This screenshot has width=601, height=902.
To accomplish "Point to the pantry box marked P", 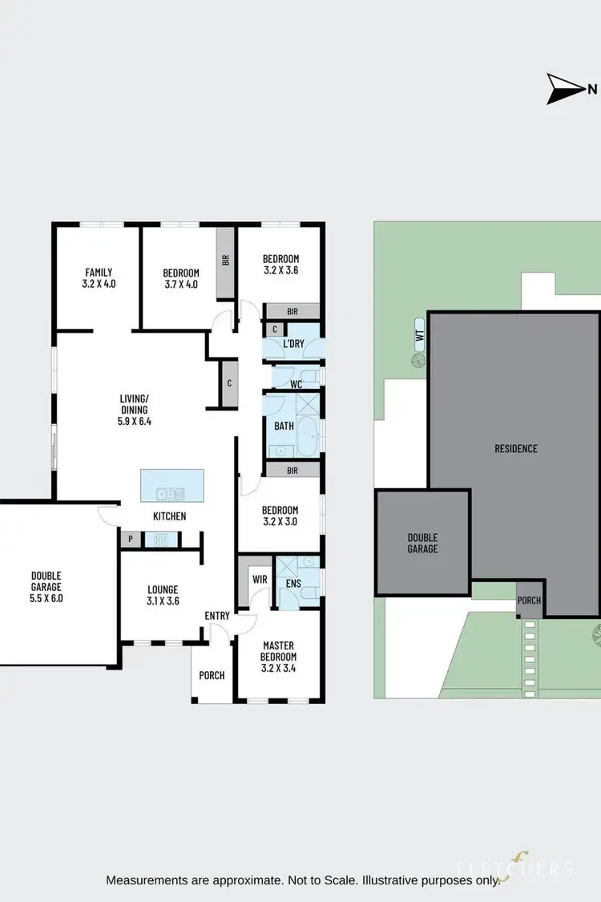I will point(129,540).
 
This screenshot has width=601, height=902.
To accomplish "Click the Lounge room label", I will point(163,594).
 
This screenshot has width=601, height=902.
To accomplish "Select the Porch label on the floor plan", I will point(212,675).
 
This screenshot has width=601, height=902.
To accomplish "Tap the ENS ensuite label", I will point(293,584).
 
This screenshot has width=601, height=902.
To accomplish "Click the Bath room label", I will point(284,427).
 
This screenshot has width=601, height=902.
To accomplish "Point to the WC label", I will point(296,385).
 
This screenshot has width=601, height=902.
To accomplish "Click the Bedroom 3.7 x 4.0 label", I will point(180,278).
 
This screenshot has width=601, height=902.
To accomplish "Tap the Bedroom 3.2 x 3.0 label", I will point(280,516).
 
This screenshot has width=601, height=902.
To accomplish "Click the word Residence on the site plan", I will point(515,449).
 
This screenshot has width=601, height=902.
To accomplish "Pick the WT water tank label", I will point(419,340).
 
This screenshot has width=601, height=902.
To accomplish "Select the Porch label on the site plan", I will point(529,601).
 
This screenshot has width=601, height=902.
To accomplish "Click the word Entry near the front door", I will point(217,616).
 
